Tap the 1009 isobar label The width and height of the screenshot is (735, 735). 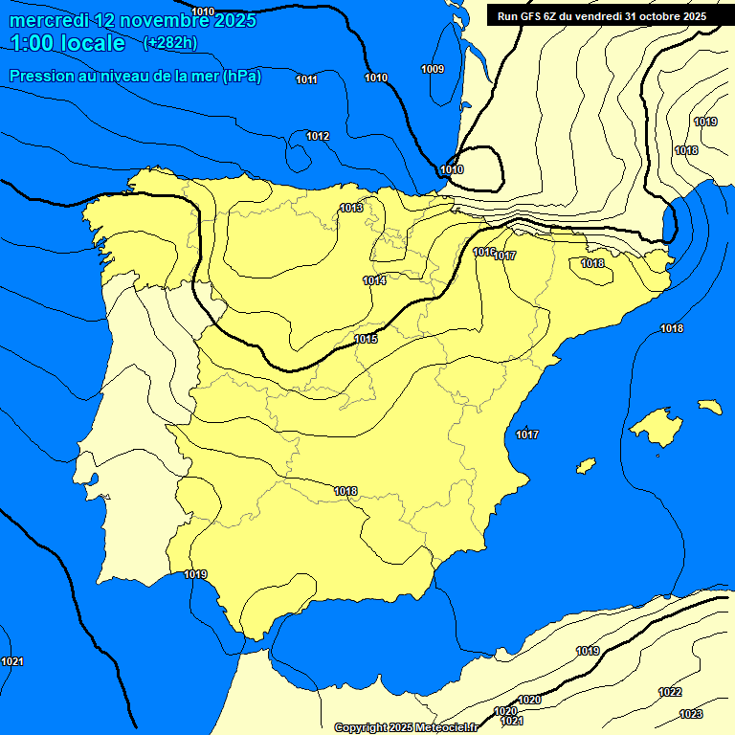click(433, 69)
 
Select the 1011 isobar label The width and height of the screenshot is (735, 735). click(306, 79)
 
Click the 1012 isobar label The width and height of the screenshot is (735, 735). click(318, 137)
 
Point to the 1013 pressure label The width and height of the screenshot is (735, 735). click(351, 208)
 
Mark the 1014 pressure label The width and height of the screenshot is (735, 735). click(374, 280)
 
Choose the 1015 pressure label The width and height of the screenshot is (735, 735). click(366, 339)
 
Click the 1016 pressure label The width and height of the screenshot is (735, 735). click(483, 252)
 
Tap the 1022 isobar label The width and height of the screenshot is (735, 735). click(670, 692)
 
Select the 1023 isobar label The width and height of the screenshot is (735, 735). click(690, 714)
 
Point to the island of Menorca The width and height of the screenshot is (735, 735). click(709, 407)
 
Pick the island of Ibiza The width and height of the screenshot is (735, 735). click(585, 465)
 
